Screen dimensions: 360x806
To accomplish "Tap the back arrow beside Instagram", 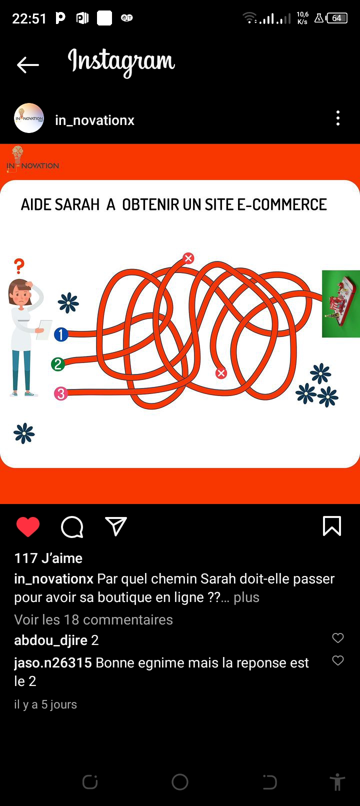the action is pyautogui.click(x=27, y=65).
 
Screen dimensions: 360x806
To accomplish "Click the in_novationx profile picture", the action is pyautogui.click(x=29, y=118).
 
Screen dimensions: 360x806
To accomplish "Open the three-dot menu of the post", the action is pyautogui.click(x=337, y=118).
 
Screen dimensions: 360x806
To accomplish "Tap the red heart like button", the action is pyautogui.click(x=28, y=527).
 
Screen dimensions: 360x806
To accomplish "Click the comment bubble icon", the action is pyautogui.click(x=72, y=527).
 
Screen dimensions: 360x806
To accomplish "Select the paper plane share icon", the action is pyautogui.click(x=116, y=526).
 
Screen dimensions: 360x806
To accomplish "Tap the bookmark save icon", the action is pyautogui.click(x=332, y=526).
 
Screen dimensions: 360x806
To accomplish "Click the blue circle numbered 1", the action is pyautogui.click(x=61, y=334).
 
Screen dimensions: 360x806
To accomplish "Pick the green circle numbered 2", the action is pyautogui.click(x=58, y=364).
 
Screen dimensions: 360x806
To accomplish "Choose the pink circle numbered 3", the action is pyautogui.click(x=61, y=393).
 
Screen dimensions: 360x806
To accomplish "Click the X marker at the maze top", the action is pyautogui.click(x=188, y=258).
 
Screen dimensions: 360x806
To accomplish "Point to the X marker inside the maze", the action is pyautogui.click(x=221, y=373).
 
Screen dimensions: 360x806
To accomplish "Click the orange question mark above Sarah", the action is pyautogui.click(x=19, y=266).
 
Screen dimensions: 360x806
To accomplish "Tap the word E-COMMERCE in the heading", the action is pyautogui.click(x=282, y=204).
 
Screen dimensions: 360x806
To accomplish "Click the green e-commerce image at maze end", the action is pyautogui.click(x=341, y=303).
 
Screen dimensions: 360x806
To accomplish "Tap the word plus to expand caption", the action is pyautogui.click(x=246, y=597).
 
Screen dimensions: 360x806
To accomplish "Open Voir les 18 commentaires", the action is pyautogui.click(x=93, y=619).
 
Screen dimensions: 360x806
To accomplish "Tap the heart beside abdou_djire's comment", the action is pyautogui.click(x=337, y=638).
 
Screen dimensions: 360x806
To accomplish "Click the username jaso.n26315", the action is pyautogui.click(x=53, y=663).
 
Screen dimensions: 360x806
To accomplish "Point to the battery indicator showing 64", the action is pyautogui.click(x=336, y=18).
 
